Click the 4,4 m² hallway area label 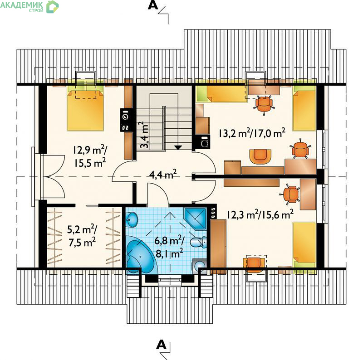(x=163, y=175)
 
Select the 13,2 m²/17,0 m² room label (x=252, y=133)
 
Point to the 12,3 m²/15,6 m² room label (x=260, y=214)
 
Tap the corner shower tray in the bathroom (x=195, y=219)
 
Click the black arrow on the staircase (x=178, y=147)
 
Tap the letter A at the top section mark (x=153, y=5)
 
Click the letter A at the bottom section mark (x=162, y=345)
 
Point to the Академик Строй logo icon (x=53, y=6)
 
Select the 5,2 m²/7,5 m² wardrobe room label (x=82, y=236)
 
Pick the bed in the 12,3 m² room (x=304, y=245)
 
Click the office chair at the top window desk (x=264, y=105)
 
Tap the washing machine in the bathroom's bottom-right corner (x=200, y=266)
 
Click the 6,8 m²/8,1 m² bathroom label (x=169, y=247)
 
